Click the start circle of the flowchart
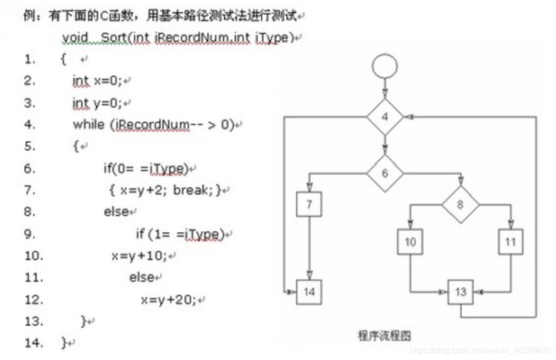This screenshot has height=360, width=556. (385, 67)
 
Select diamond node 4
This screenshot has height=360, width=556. (385, 117)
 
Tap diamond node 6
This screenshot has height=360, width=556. (385, 173)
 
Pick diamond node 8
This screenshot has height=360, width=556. (460, 204)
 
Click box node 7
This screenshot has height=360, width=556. (309, 204)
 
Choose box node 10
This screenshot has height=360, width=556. (410, 242)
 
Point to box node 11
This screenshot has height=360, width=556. (510, 242)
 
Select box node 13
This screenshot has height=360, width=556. (461, 292)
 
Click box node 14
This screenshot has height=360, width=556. (309, 292)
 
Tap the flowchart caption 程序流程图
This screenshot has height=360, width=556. (385, 336)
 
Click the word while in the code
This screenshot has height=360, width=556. (88, 124)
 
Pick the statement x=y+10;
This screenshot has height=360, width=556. (139, 255)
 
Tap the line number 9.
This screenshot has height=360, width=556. (29, 234)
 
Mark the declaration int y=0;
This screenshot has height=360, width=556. (97, 103)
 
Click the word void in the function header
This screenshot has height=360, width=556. (75, 37)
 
